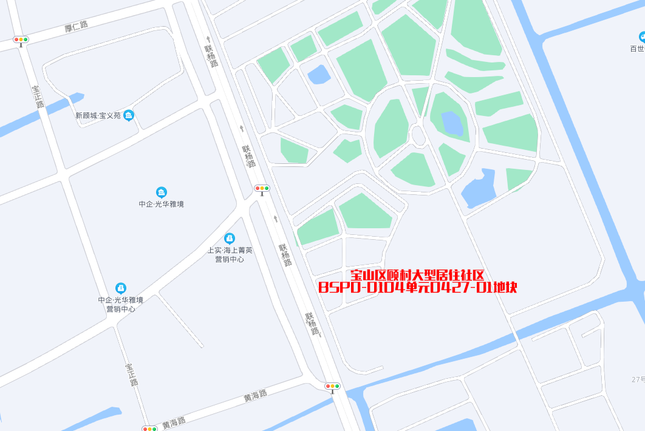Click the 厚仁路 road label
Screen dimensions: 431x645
pyautogui.click(x=76, y=25)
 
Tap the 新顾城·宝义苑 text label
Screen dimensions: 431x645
pyautogui.click(x=98, y=115)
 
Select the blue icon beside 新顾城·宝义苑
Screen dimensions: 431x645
pyautogui.click(x=128, y=115)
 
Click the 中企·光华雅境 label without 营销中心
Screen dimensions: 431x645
pyautogui.click(x=161, y=204)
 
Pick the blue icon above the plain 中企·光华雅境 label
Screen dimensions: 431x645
pyautogui.click(x=161, y=192)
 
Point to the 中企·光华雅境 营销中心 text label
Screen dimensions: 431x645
pyautogui.click(x=121, y=304)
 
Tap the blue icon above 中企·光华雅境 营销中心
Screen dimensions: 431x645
pyautogui.click(x=121, y=288)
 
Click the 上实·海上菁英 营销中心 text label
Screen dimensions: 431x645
pyautogui.click(x=230, y=254)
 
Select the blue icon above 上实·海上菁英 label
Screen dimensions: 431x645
pyautogui.click(x=230, y=239)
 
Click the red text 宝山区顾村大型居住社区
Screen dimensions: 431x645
pyautogui.click(x=417, y=276)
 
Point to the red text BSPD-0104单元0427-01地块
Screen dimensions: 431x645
pyautogui.click(x=418, y=288)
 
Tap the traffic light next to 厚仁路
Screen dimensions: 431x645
pyautogui.click(x=21, y=40)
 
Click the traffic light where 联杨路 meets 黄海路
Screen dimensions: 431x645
pyautogui.click(x=332, y=386)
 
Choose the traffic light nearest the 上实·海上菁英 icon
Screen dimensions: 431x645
pyautogui.click(x=262, y=189)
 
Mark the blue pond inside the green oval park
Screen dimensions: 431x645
pyautogui.click(x=452, y=123)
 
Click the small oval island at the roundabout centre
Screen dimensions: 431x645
pyautogui.click(x=418, y=135)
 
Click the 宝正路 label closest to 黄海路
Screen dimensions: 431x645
pyautogui.click(x=132, y=375)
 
